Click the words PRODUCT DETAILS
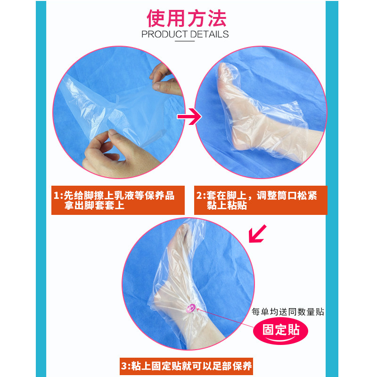tap(185, 34)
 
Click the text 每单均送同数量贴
tap(288, 311)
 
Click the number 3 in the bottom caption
tap(124, 365)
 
